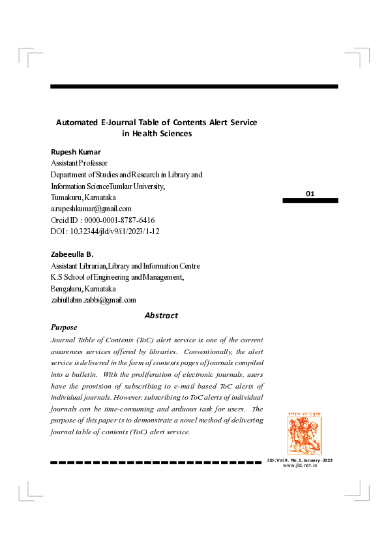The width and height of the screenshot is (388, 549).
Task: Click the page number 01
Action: pyautogui.click(x=310, y=194)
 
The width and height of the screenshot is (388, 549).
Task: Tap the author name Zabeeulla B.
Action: pyautogui.click(x=72, y=253)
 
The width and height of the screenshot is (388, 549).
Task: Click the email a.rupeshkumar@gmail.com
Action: pyautogui.click(x=91, y=209)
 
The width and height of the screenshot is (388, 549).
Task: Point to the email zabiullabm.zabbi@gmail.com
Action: pyautogui.click(x=94, y=300)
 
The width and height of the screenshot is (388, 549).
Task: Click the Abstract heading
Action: pyautogui.click(x=161, y=316)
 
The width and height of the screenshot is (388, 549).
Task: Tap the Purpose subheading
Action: pyautogui.click(x=64, y=327)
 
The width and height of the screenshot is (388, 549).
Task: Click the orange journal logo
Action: pyautogui.click(x=304, y=434)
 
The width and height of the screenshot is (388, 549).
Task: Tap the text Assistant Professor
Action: pyautogui.click(x=79, y=163)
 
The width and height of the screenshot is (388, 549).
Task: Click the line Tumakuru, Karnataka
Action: pyautogui.click(x=83, y=198)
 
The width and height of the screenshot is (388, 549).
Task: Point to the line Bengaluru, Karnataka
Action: pyautogui.click(x=83, y=288)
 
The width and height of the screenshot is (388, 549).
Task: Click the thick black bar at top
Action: pyautogui.click(x=194, y=87)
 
